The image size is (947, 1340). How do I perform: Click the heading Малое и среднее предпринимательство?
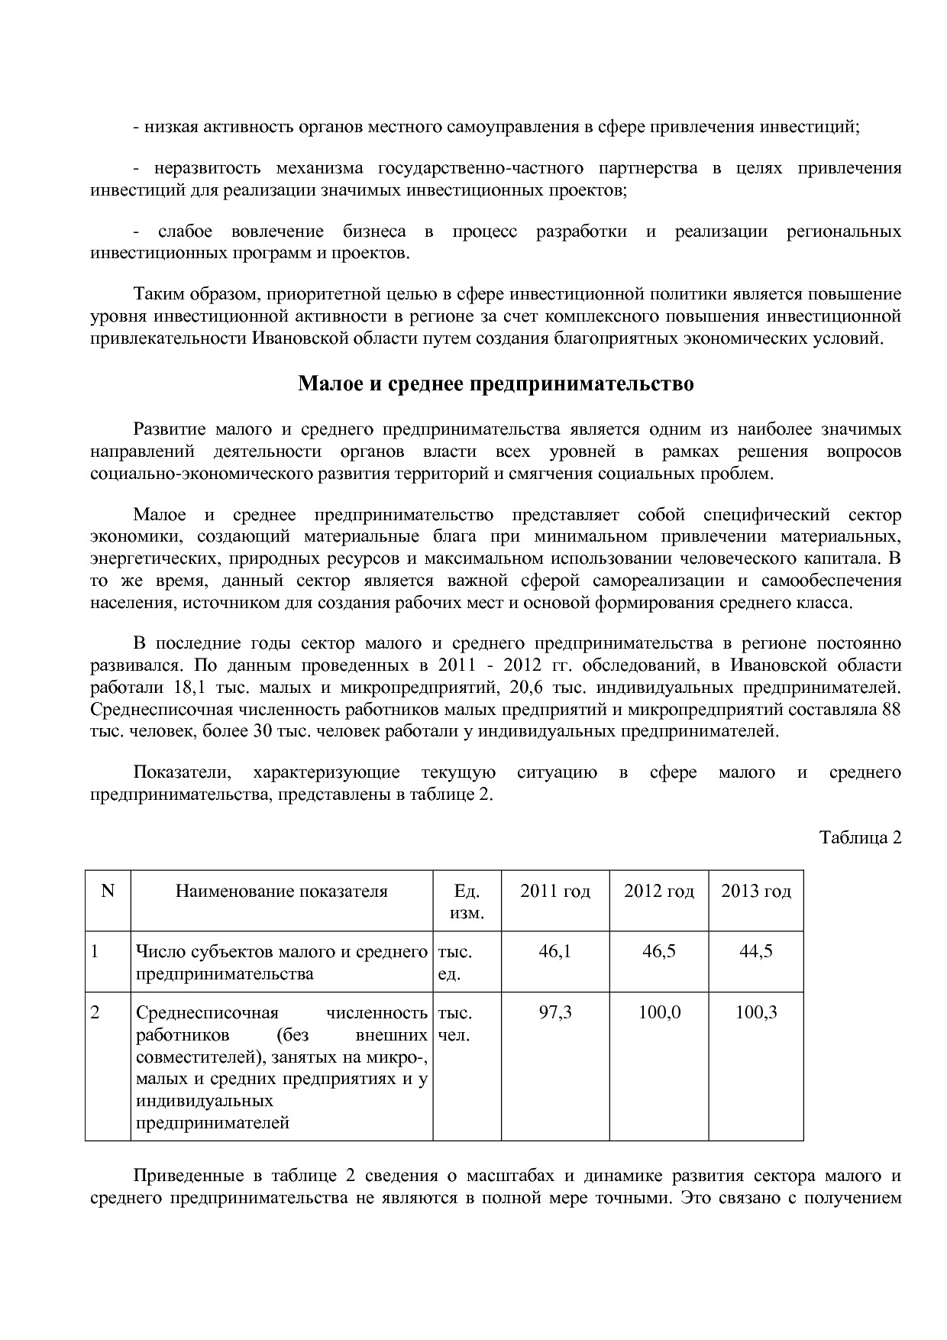click(496, 384)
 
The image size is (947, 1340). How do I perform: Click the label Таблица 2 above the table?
click(861, 837)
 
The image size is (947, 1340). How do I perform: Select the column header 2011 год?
click(555, 892)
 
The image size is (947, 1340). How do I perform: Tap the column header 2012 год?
click(659, 892)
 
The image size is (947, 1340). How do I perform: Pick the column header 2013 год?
click(756, 892)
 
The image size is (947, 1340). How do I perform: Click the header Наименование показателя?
click(282, 892)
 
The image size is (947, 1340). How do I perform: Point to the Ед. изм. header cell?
click(467, 902)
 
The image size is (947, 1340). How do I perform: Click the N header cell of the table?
click(108, 891)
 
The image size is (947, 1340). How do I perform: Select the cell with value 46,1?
click(555, 952)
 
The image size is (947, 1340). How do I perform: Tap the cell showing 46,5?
click(659, 952)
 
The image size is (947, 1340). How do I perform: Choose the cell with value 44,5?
click(756, 952)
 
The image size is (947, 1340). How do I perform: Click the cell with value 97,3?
click(555, 1013)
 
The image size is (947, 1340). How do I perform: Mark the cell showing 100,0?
click(659, 1013)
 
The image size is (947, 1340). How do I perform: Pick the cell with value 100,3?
click(756, 1013)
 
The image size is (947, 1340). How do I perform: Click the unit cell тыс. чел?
click(455, 1024)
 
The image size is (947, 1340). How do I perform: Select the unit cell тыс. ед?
click(455, 963)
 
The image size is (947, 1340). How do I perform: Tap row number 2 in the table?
click(95, 1013)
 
